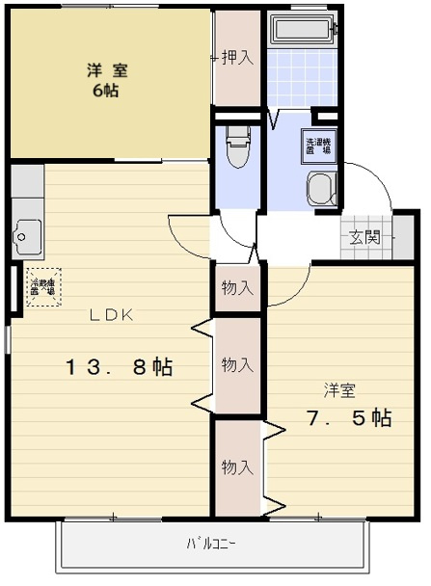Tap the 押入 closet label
pyautogui.click(x=236, y=58)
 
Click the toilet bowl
pyautogui.click(x=236, y=146)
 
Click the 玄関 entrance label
pyautogui.click(x=364, y=237)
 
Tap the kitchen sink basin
pyautogui.click(x=26, y=234)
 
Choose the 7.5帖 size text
pyautogui.click(x=348, y=418)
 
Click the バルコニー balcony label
pyautogui.click(x=210, y=544)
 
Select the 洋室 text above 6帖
pyautogui.click(x=106, y=69)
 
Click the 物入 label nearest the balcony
pyautogui.click(x=237, y=466)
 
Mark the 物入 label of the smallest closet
pyautogui.click(x=237, y=287)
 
